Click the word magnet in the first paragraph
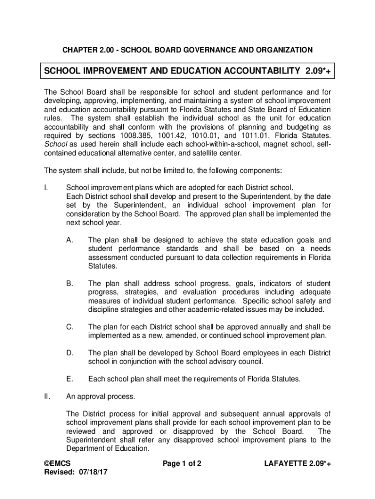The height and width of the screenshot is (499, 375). [258, 144]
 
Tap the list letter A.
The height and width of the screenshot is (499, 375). [70, 240]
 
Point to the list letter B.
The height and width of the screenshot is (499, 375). [70, 284]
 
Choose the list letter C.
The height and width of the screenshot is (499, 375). [70, 327]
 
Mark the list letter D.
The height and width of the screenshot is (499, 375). [70, 353]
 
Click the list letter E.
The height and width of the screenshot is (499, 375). [70, 379]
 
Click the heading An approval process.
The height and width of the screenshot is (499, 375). [101, 397]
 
